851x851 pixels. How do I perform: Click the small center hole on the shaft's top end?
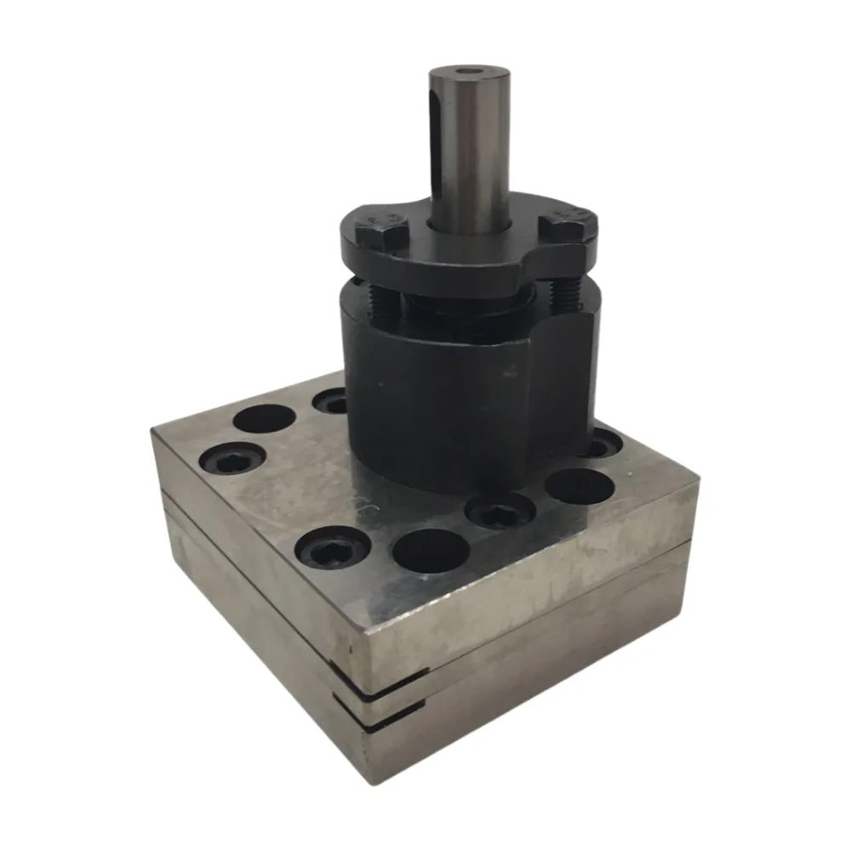[x=467, y=72]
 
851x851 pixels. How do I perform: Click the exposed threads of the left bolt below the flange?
[x=383, y=300]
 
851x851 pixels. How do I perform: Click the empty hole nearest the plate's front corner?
[x=431, y=551]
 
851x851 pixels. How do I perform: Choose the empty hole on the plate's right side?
[x=580, y=486]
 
